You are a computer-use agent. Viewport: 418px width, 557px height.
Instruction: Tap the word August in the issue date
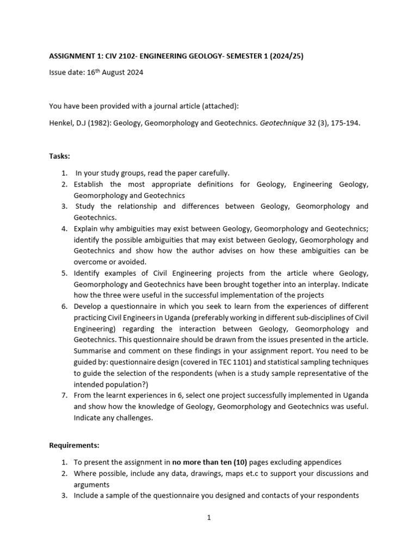[110, 73]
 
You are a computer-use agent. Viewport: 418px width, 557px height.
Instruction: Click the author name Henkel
[61, 123]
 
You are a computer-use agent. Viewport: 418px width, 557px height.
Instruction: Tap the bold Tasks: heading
[59, 156]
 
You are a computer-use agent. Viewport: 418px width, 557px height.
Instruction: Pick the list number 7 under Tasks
[64, 395]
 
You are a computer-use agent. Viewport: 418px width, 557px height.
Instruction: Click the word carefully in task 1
[212, 173]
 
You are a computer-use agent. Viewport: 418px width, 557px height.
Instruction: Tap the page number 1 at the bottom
[208, 518]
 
